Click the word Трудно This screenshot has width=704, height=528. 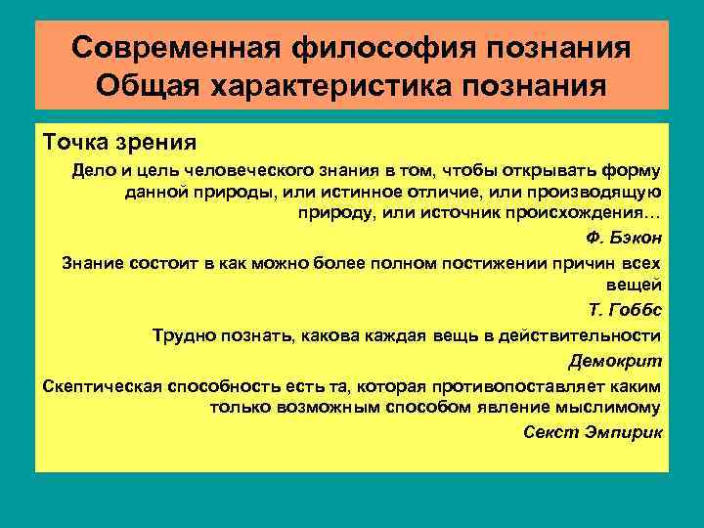pyautogui.click(x=185, y=335)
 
